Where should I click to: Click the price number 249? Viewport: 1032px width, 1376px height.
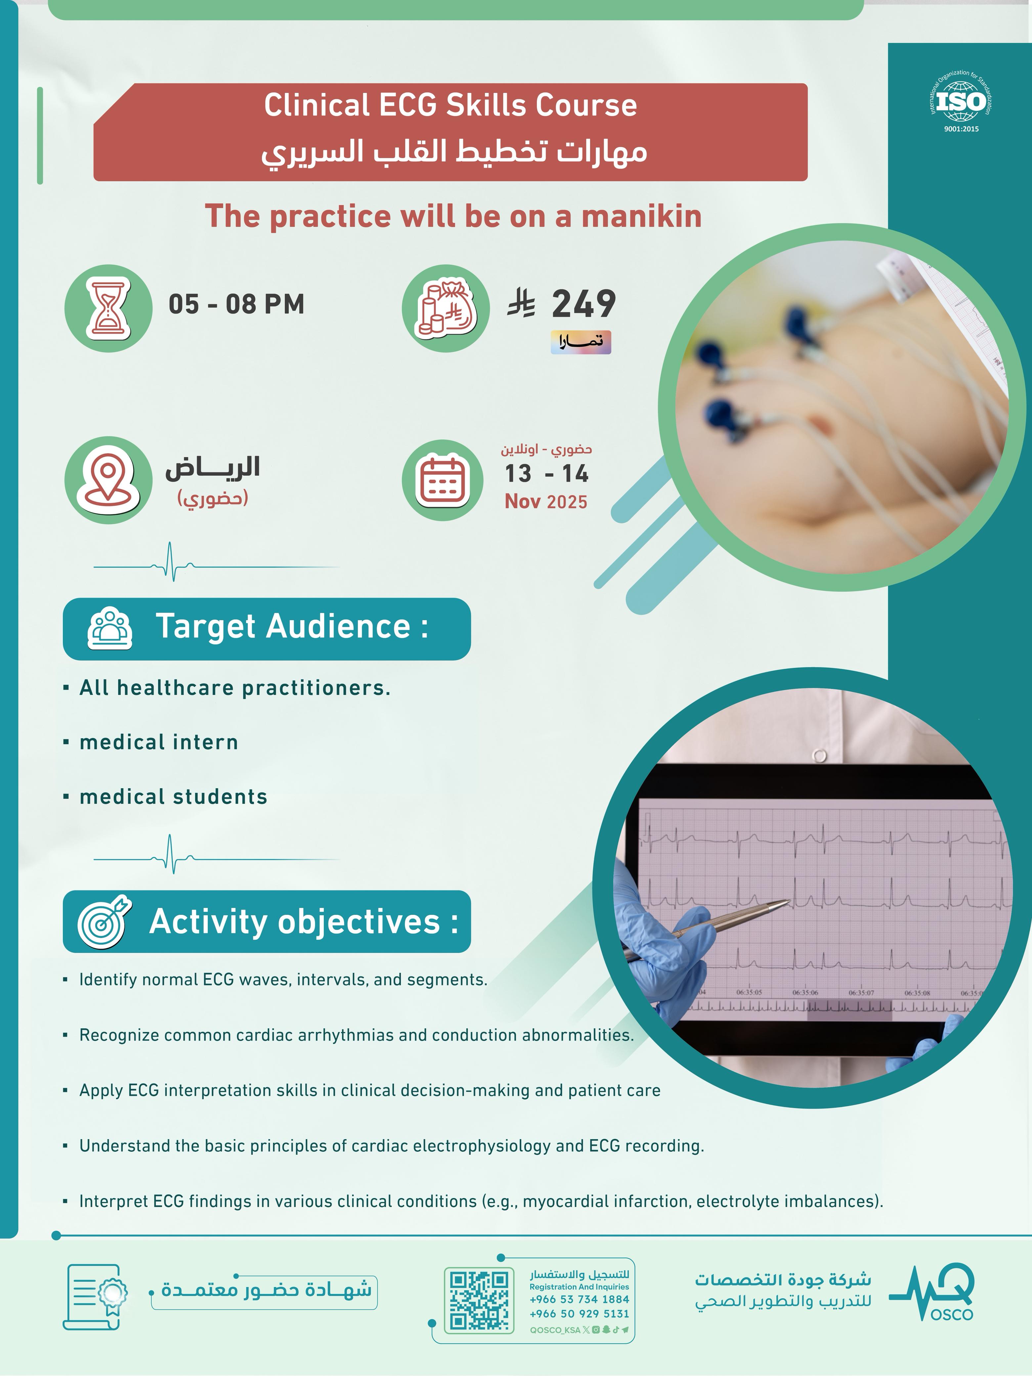click(583, 304)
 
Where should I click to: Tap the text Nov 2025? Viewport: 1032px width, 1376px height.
click(545, 501)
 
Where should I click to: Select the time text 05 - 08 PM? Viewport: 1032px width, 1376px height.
click(236, 304)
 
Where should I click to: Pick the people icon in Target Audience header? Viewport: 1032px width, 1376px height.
click(110, 628)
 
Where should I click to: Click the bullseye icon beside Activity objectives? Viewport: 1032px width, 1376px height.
click(104, 922)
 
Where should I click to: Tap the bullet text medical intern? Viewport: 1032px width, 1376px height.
click(159, 742)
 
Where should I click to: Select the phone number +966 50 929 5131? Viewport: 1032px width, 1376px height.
click(579, 1314)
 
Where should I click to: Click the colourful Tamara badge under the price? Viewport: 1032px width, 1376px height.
click(580, 342)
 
